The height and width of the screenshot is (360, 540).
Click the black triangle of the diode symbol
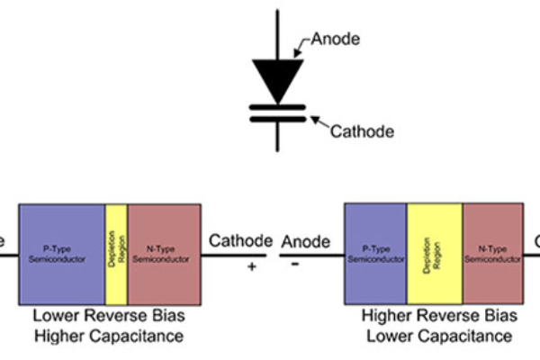275,76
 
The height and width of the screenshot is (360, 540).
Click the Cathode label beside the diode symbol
362,131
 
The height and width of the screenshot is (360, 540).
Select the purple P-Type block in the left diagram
61,254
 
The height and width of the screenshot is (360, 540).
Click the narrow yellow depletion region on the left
116,254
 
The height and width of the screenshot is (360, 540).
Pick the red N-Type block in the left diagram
164,254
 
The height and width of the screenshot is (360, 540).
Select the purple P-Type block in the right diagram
375,253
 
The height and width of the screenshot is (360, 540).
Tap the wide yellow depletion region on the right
435,253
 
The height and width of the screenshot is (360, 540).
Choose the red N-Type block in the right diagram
492,253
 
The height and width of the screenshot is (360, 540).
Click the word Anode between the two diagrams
305,241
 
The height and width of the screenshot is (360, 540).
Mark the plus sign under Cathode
252,267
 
